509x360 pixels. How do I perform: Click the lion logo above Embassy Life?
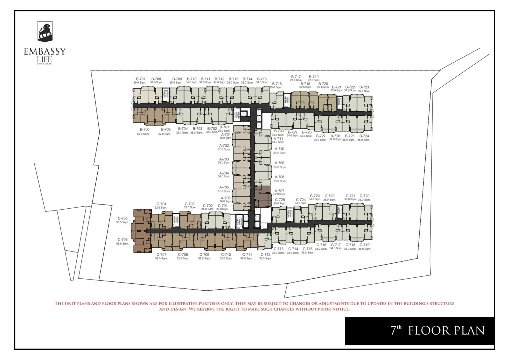click(x=45, y=31)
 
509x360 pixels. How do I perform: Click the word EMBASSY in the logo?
click(x=45, y=52)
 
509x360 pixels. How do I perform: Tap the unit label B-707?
click(x=141, y=79)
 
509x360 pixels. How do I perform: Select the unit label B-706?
click(x=144, y=129)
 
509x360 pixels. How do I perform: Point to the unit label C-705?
click(x=122, y=218)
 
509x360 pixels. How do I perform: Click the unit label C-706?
click(x=122, y=240)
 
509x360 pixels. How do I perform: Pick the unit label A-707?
click(x=279, y=191)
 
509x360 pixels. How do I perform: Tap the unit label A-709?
click(x=279, y=163)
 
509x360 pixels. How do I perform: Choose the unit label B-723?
click(x=364, y=87)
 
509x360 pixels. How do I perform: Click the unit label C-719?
click(x=365, y=245)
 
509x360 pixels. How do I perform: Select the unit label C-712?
click(x=265, y=254)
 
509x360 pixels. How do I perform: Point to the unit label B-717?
click(x=296, y=77)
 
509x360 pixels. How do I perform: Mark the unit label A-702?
click(x=224, y=146)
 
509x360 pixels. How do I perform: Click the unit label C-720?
click(x=365, y=196)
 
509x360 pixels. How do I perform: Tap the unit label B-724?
click(x=364, y=136)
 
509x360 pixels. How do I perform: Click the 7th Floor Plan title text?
click(x=437, y=331)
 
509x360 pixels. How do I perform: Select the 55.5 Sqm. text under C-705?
click(x=122, y=222)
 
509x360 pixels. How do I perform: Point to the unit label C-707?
click(x=161, y=254)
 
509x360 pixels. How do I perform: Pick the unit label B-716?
click(x=276, y=84)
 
